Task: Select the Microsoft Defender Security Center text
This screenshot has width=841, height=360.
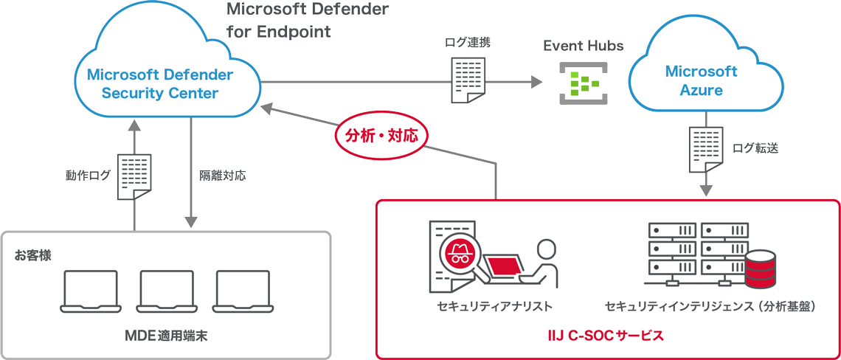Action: coord(160,84)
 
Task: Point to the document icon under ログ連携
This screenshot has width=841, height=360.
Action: coord(468,80)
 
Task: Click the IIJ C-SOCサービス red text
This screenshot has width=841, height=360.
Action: coord(607,336)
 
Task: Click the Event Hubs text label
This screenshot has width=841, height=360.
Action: coord(583,46)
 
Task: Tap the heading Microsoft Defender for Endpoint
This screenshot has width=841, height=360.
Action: coord(308,21)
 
